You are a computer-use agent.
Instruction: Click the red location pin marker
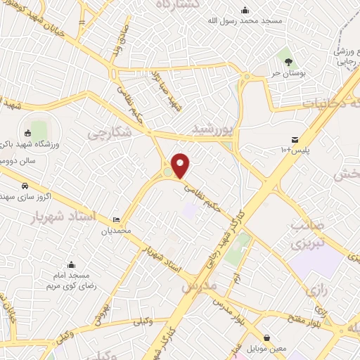click(181, 165)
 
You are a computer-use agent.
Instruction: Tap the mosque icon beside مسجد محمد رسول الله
click(245, 10)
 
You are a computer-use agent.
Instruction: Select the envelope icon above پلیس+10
click(295, 139)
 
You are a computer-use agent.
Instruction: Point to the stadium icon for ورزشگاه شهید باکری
click(28, 133)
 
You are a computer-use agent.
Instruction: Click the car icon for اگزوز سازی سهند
click(25, 186)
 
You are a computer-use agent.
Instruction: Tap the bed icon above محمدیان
click(116, 220)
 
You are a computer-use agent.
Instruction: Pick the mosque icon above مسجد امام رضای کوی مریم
click(71, 265)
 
